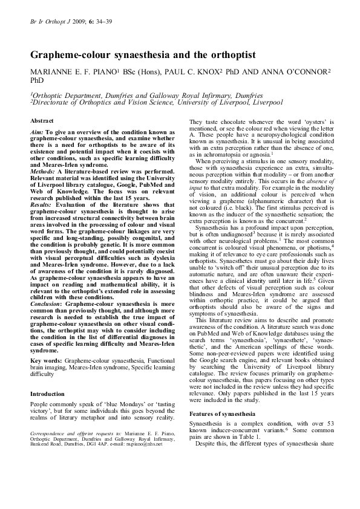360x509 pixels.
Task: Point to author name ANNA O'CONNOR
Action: pyautogui.click(x=293, y=71)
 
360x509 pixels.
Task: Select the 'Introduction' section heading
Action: pyautogui.click(x=47, y=394)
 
